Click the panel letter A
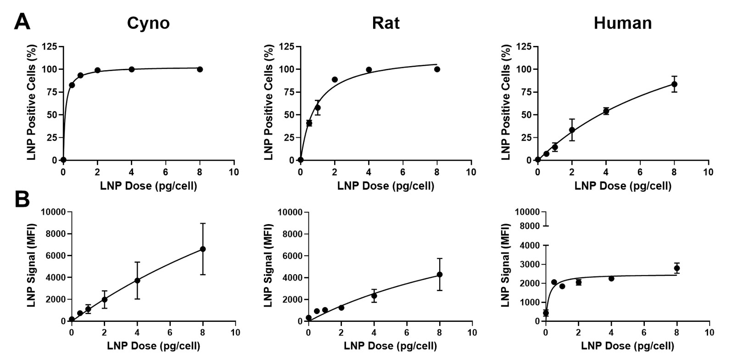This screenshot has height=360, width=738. [x=22, y=21]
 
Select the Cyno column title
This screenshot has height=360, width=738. [x=148, y=23]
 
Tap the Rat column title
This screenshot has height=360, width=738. [x=386, y=23]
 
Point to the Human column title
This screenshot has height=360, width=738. [x=622, y=23]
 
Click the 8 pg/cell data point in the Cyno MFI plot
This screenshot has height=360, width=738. [x=203, y=249]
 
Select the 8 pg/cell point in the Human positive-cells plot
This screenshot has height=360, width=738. [x=674, y=84]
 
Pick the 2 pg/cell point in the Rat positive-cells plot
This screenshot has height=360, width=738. [x=335, y=79]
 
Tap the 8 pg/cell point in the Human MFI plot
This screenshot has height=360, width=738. [x=676, y=268]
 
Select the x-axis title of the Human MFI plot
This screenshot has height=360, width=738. [x=627, y=346]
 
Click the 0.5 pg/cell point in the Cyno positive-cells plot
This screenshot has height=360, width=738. [x=72, y=85]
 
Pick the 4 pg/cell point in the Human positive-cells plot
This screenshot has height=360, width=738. [x=606, y=111]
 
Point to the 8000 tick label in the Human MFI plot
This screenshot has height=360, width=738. [x=528, y=226]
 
